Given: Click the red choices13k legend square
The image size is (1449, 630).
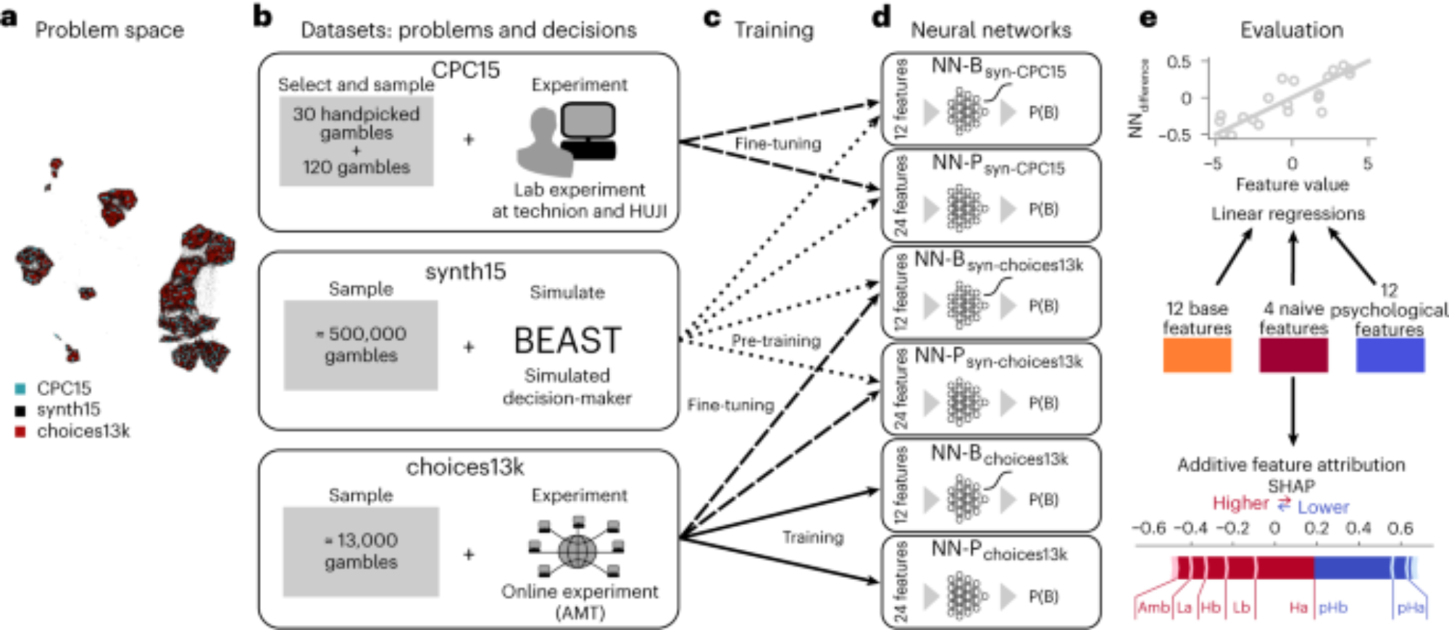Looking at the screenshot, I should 20,432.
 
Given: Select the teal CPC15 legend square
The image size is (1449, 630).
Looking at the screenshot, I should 20,389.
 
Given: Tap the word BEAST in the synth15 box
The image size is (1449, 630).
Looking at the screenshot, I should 567,341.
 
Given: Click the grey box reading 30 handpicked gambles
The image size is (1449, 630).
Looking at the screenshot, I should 356,140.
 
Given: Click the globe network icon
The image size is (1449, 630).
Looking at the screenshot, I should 577,550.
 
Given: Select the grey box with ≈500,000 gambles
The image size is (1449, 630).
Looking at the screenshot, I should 361,345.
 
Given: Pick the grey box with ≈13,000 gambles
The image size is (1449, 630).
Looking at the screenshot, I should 361,552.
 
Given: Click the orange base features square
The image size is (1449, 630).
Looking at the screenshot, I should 1197,356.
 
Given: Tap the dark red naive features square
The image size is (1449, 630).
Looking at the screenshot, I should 1293,356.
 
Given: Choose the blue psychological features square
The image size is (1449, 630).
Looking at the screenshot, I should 1390,356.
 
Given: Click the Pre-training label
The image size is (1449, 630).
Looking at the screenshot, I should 776,341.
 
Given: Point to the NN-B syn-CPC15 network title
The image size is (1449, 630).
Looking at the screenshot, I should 998,69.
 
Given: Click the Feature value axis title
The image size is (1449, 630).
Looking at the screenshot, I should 1292,185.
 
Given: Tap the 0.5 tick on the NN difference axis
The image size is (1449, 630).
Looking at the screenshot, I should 1179,62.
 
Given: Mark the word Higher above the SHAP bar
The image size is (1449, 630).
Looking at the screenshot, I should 1240,503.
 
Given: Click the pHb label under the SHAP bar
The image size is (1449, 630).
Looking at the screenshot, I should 1332,608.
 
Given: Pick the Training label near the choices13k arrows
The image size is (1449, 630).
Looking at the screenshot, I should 813,537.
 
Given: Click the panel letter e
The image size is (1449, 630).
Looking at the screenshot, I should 1148,18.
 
